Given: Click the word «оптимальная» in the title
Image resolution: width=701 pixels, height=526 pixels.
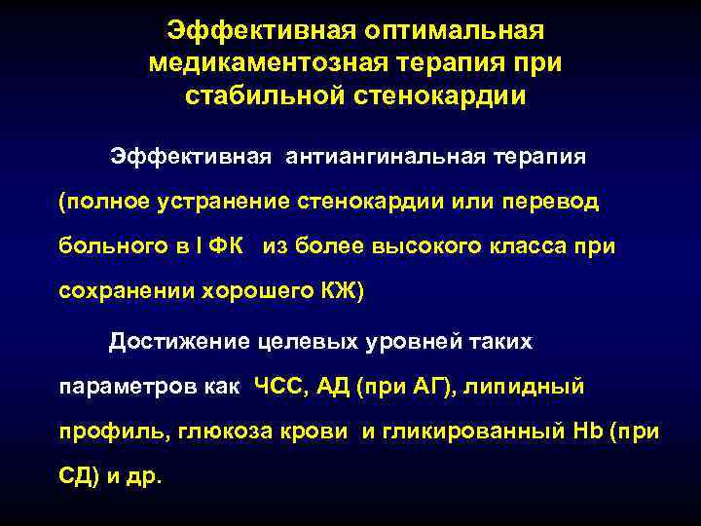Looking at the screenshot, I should pos(441,30).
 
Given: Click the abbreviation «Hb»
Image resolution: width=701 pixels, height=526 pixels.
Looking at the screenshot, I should pos(589,432).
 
